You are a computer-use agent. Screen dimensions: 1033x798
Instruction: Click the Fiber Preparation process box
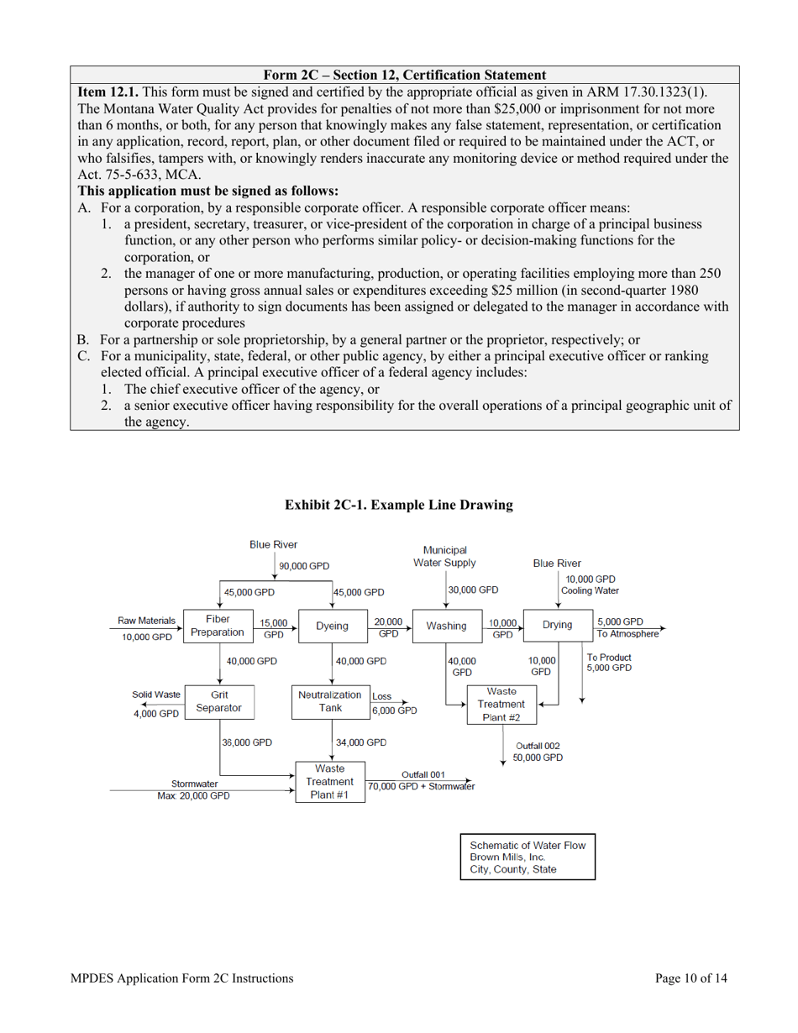click(x=218, y=626)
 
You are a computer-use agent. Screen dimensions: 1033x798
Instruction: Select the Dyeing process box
click(x=332, y=626)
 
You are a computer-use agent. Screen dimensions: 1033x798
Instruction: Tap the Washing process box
click(x=446, y=626)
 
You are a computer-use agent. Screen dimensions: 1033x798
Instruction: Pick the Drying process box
click(x=557, y=625)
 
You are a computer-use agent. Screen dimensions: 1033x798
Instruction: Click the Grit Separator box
click(x=218, y=701)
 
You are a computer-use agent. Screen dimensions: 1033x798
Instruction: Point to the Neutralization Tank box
click(x=329, y=701)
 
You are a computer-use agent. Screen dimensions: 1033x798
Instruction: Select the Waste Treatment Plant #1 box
click(x=329, y=781)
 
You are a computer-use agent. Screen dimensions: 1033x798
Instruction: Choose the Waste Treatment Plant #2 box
click(x=501, y=704)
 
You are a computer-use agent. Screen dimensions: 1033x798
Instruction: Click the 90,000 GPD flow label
click(x=305, y=566)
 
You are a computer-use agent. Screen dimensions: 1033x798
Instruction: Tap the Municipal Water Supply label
click(x=445, y=556)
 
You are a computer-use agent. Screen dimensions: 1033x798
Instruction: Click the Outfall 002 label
click(x=538, y=745)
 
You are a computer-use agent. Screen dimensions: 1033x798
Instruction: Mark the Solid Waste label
click(x=155, y=695)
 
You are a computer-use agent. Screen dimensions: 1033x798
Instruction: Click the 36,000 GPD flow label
click(x=247, y=742)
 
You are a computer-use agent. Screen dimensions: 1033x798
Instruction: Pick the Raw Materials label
click(x=147, y=621)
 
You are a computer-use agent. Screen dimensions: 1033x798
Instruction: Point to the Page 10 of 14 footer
click(x=691, y=978)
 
